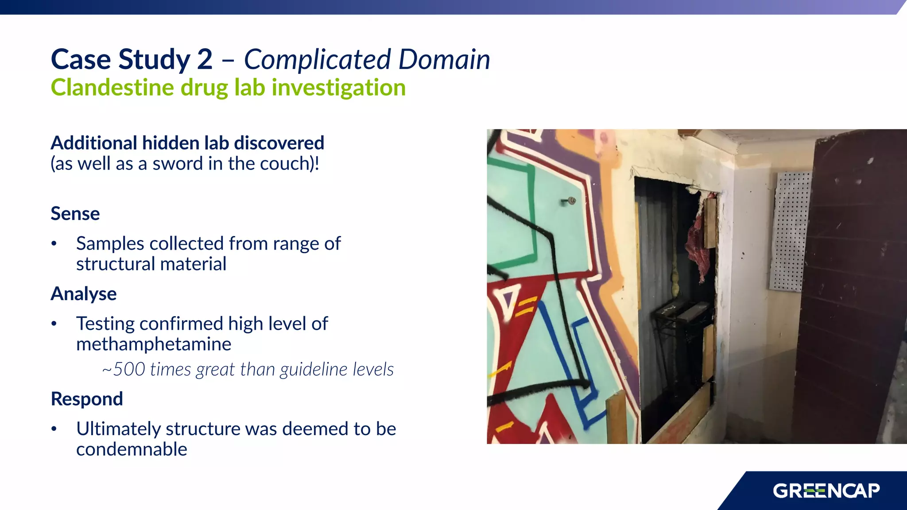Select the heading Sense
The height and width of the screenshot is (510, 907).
coord(75,214)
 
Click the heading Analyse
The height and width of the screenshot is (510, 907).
coord(83,294)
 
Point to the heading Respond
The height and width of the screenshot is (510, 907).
coord(87,399)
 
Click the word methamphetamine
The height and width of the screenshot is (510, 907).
coord(153,344)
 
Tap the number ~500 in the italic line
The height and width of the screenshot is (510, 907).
coord(124,370)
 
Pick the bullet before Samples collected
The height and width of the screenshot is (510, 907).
coord(54,243)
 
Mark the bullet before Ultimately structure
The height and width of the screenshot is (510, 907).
coord(54,429)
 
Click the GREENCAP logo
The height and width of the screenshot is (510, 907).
coord(826,491)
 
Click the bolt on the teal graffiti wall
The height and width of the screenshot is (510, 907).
coord(570,201)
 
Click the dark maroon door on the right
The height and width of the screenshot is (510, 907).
coord(850,288)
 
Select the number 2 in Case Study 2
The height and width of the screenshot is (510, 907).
coord(205,60)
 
